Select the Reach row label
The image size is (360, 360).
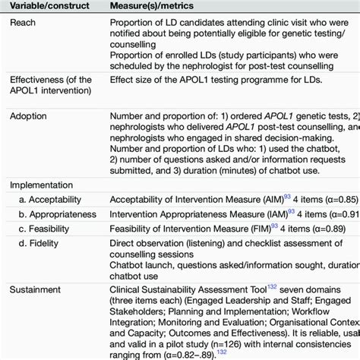click(24, 23)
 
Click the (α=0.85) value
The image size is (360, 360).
click(339, 199)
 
